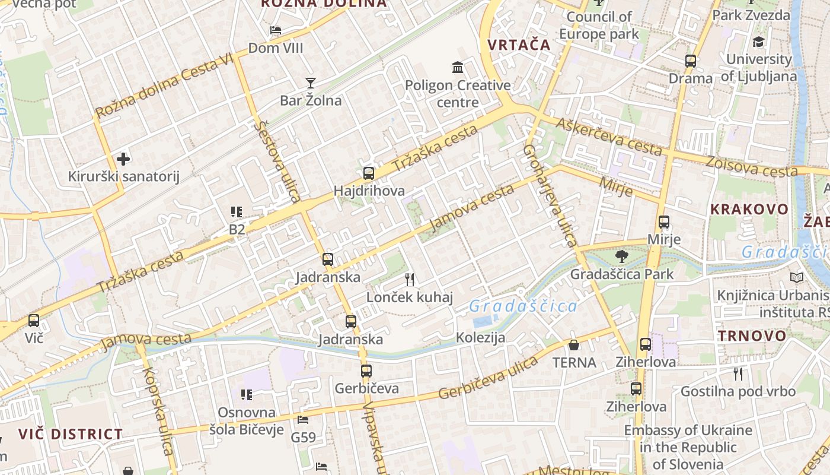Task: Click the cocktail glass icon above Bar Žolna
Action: point(311,83)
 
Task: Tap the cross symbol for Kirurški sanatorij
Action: point(123,159)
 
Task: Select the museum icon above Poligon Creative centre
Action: point(458,68)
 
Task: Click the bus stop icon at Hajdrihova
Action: point(369,173)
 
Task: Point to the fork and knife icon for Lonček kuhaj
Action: point(409,280)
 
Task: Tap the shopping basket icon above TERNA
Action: point(574,345)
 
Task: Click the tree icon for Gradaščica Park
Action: point(621,256)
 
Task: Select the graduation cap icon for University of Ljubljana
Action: point(758,42)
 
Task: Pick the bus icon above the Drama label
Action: point(691,61)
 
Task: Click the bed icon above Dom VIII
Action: point(276,30)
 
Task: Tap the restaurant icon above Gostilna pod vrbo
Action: point(738,374)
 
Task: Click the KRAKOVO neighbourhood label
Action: point(749,210)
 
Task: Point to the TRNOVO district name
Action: point(752,335)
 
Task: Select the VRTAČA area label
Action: point(519,45)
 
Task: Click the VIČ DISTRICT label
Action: point(70,434)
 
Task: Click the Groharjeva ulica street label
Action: point(550,196)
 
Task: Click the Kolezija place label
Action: point(480,338)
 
